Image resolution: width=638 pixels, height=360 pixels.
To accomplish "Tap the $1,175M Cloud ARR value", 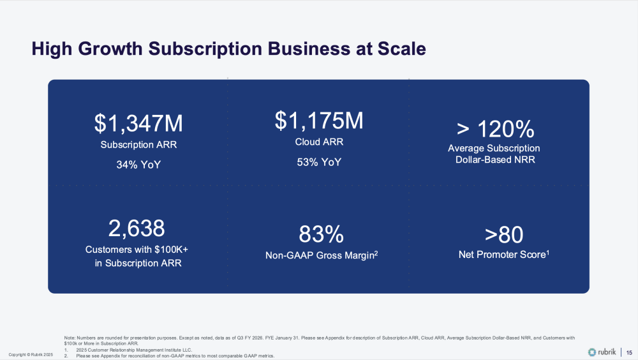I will point(319,121).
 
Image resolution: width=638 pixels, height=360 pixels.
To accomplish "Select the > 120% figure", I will point(495,130).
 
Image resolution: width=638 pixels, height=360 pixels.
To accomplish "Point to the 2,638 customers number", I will point(138,228).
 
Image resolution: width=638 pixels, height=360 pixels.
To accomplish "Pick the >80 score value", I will point(504,234).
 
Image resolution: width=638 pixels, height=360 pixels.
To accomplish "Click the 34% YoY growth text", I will point(138,164).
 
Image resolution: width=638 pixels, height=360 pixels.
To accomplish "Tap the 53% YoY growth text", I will point(319,161).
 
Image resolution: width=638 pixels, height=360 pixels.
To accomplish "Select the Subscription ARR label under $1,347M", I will point(138,144).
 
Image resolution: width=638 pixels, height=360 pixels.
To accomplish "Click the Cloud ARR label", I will point(319,142).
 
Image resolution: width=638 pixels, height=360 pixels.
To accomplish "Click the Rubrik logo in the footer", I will point(602,352).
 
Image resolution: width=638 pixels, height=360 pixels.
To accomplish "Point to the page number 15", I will point(628,352).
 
